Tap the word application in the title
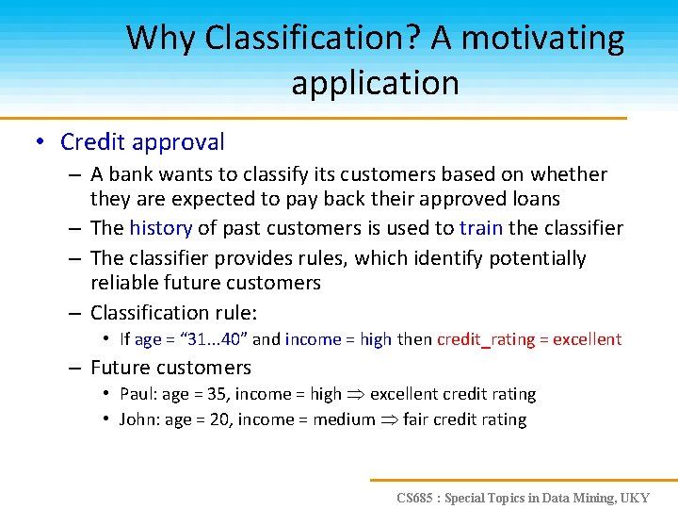click(375, 83)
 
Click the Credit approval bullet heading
click(142, 142)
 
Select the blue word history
click(160, 228)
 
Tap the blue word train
click(481, 228)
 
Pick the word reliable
click(123, 283)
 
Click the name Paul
click(138, 394)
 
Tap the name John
click(139, 419)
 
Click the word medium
click(343, 419)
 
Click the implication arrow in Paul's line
click(360, 395)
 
